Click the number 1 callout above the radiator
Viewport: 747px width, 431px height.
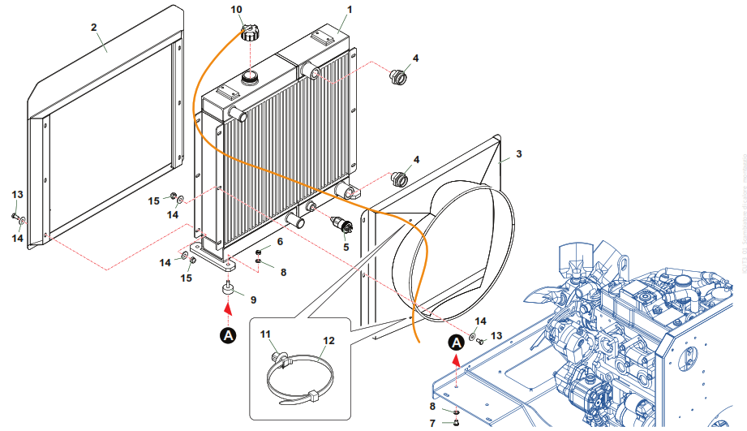[350, 11]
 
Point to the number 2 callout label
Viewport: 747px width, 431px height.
[94, 27]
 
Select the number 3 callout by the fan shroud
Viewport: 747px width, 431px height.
[518, 153]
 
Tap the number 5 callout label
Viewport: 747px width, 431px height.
[346, 246]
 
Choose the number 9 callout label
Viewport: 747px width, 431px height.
[253, 300]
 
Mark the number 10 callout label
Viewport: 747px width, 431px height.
[237, 10]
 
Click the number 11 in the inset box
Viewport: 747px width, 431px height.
[265, 334]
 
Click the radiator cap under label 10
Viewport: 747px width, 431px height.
[249, 33]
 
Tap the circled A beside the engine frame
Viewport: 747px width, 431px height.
[457, 342]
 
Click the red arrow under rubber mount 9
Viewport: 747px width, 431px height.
[229, 309]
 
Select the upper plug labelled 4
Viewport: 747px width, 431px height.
[398, 77]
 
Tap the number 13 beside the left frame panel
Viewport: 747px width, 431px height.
[17, 195]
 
